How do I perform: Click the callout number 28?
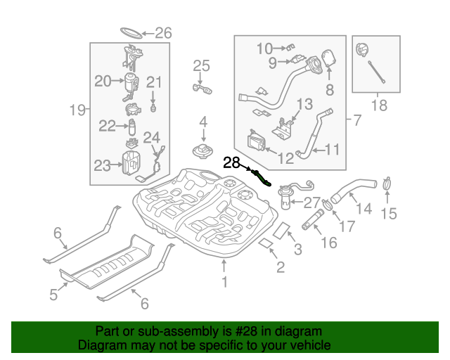[231, 163]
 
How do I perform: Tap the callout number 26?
[162, 33]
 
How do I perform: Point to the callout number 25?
[202, 66]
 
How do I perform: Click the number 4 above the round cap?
[202, 122]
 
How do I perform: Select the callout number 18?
[378, 105]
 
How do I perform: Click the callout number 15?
[389, 213]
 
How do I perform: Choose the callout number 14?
[364, 209]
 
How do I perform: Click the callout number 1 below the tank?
[224, 283]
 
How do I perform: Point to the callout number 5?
[54, 295]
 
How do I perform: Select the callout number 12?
[285, 159]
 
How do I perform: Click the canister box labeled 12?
[257, 143]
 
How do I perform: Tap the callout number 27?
[311, 202]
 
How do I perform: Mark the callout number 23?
[103, 166]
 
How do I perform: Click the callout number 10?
[264, 49]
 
